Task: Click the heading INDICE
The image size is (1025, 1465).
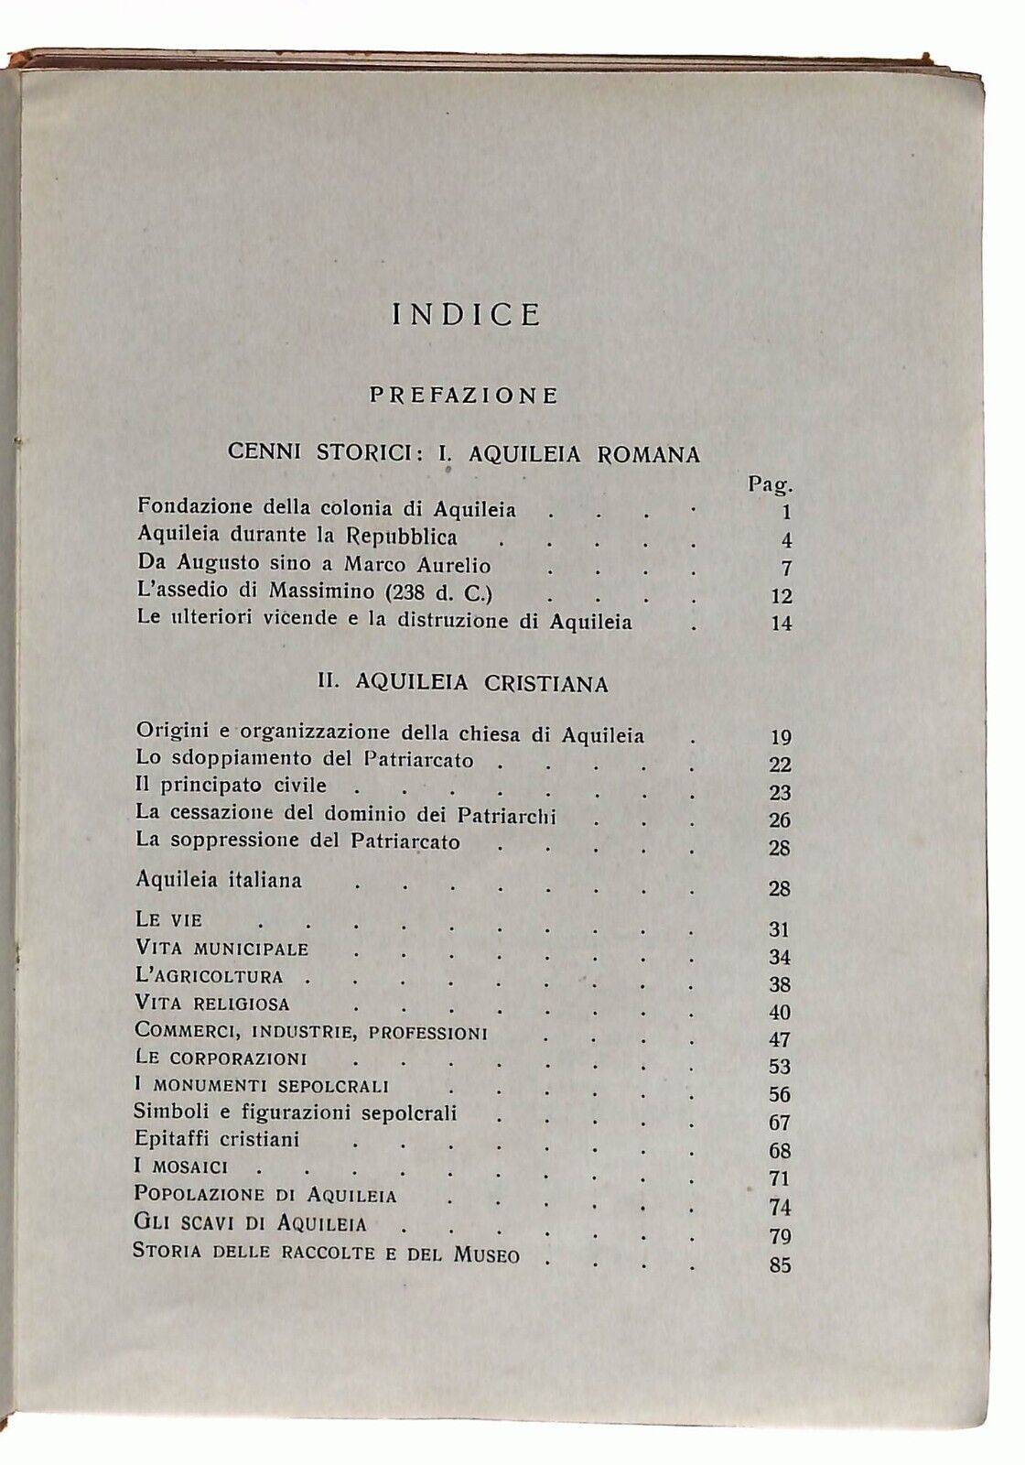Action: tap(467, 315)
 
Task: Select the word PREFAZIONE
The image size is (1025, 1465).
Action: tap(463, 396)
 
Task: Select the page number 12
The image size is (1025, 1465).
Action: tap(781, 596)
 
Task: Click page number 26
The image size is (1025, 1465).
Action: tap(780, 821)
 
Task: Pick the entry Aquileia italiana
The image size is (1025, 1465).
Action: tap(219, 880)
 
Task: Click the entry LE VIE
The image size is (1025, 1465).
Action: tap(167, 919)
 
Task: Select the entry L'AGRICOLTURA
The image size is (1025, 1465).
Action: tap(209, 976)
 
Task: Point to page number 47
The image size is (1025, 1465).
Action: tap(780, 1041)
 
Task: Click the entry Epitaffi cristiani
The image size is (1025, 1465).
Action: tap(218, 1141)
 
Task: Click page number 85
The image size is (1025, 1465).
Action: tap(780, 1267)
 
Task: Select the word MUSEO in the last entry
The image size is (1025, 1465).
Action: tap(486, 1254)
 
